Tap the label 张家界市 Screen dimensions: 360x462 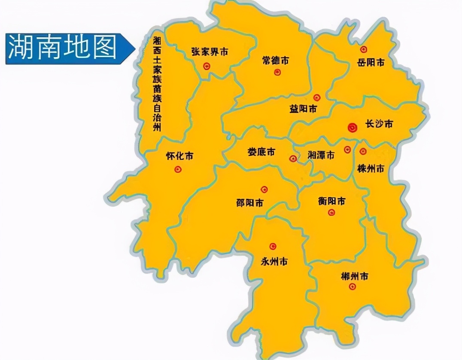click(x=210, y=52)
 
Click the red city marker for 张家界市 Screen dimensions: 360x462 click(x=207, y=66)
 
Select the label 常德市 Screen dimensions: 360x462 click(x=275, y=61)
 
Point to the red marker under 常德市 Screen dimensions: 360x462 click(x=277, y=72)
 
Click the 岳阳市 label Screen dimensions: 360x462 click(x=371, y=63)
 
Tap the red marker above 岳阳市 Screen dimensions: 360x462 click(x=364, y=49)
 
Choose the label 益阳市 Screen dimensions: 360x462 click(x=303, y=109)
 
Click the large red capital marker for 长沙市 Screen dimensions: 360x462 click(x=352, y=127)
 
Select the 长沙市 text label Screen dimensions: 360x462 click(x=379, y=125)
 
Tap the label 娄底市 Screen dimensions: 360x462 click(x=261, y=152)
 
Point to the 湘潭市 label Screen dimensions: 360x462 click(x=321, y=156)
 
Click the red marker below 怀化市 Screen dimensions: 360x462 click(x=178, y=170)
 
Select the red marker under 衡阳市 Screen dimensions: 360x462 click(x=331, y=212)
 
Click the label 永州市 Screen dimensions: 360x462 click(x=274, y=261)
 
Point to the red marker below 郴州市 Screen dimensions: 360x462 click(x=352, y=287)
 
